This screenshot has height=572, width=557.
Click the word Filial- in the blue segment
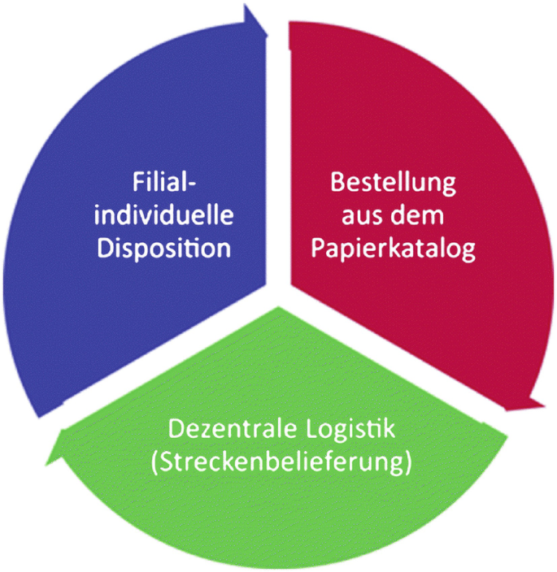click(163, 182)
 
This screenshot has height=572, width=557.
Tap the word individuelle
click(165, 215)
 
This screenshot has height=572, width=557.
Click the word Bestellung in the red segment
click(393, 182)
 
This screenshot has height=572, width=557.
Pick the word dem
click(420, 215)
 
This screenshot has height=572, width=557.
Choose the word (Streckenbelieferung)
click(281, 463)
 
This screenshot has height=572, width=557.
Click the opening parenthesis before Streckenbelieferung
click(155, 463)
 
